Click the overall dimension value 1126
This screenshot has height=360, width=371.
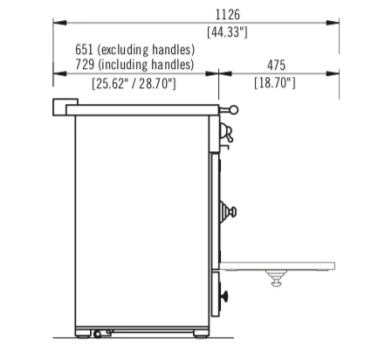click(228, 14)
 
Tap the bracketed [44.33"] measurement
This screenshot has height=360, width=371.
click(227, 31)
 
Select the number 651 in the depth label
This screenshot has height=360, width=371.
click(84, 49)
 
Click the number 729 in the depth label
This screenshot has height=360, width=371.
click(85, 65)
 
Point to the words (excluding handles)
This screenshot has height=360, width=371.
click(146, 50)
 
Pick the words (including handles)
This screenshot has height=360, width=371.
click(146, 65)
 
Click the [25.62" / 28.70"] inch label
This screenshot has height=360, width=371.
click(134, 84)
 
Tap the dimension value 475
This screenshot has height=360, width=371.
click(276, 66)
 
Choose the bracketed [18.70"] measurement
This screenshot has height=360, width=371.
click(275, 83)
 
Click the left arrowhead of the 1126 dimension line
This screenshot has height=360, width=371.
click(59, 23)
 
